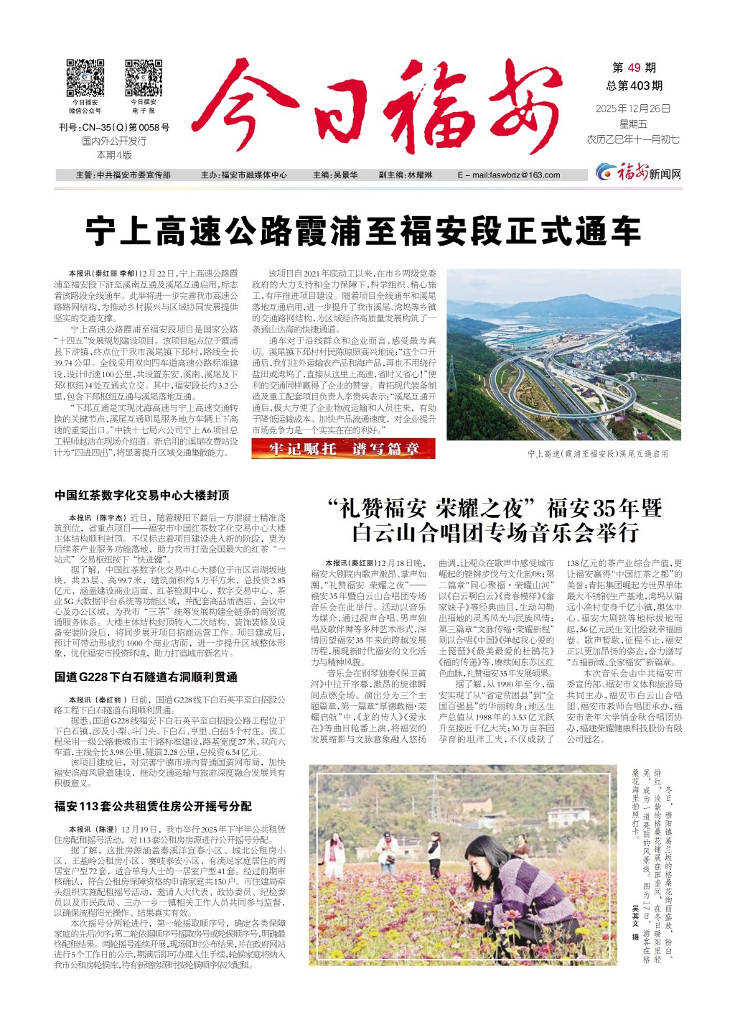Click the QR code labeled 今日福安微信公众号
[85, 78]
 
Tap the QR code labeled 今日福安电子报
[143, 78]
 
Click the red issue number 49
[633, 68]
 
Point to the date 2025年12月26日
[632, 108]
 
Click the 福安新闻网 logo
[638, 173]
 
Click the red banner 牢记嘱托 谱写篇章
[344, 449]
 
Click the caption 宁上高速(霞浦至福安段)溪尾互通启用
[597, 454]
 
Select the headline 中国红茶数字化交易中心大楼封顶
[141, 495]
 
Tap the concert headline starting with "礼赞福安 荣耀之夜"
[494, 521]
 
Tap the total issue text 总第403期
[634, 85]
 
